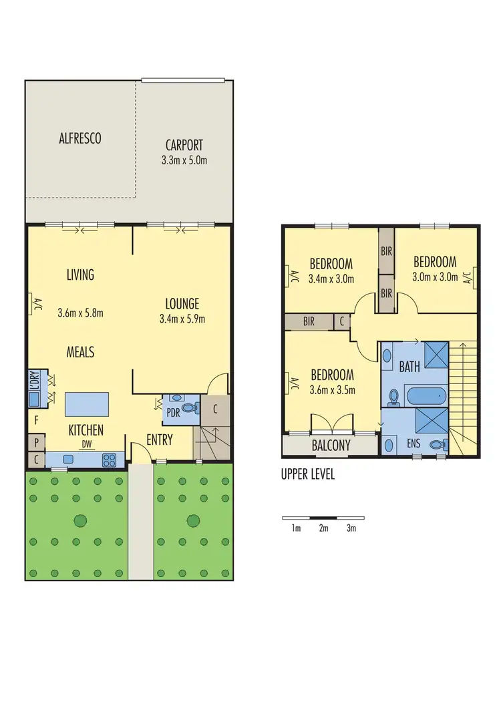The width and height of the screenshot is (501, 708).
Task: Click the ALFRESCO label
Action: pyautogui.click(x=80, y=139)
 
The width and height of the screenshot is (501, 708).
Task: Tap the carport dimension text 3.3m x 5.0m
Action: pyautogui.click(x=184, y=160)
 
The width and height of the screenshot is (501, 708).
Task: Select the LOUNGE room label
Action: pyautogui.click(x=183, y=304)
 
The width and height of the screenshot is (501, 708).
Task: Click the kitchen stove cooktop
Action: pyautogui.click(x=110, y=460)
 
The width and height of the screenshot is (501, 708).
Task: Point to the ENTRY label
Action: pyautogui.click(x=159, y=440)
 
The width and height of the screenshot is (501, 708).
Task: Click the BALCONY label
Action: pyautogui.click(x=331, y=446)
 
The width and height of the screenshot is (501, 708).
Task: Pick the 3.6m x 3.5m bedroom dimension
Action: pyautogui.click(x=331, y=391)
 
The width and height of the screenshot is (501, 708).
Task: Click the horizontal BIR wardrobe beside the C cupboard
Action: pyautogui.click(x=308, y=321)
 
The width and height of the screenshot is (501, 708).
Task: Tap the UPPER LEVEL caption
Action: pyautogui.click(x=308, y=475)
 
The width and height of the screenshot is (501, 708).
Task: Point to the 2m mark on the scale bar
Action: pyautogui.click(x=324, y=528)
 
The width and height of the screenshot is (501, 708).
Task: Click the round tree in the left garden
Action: pyautogui.click(x=79, y=520)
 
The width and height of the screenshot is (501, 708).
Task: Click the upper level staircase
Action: pyautogui.click(x=464, y=387)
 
